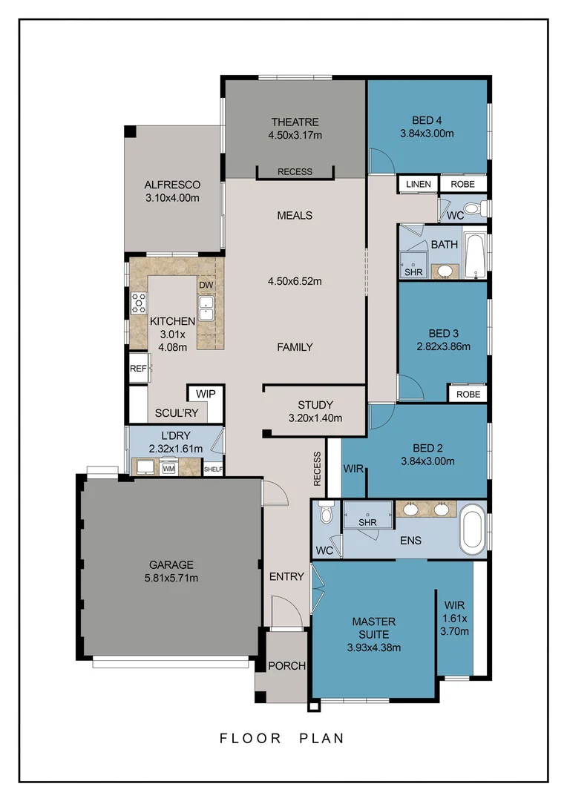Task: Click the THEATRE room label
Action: [x=295, y=122]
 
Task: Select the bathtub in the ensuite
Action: [x=472, y=529]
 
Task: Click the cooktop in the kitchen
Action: [x=139, y=301]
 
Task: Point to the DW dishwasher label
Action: [x=206, y=285]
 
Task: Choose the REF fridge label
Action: [x=138, y=368]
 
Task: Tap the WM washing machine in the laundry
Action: [x=169, y=468]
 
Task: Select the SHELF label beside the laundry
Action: [x=213, y=469]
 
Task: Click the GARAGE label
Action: [x=171, y=564]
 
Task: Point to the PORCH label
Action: [x=286, y=665]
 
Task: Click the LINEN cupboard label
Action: [x=419, y=183]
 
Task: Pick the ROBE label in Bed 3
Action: [x=468, y=394]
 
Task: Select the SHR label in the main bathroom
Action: [x=413, y=272]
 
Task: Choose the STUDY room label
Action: [x=315, y=405]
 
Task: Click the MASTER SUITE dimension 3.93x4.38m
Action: [x=373, y=647]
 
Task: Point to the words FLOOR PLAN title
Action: [x=282, y=738]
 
